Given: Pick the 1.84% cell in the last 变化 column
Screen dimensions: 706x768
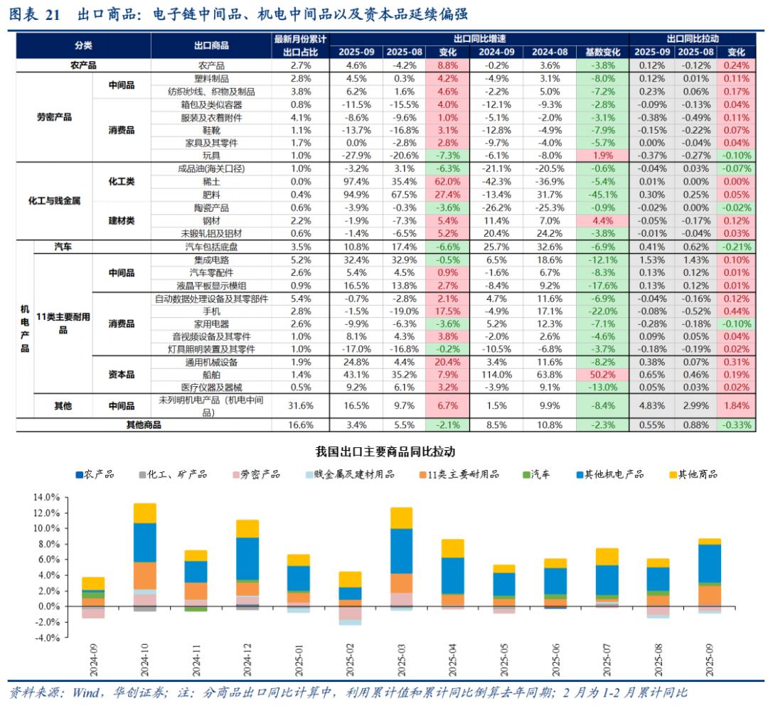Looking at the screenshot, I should [736, 405].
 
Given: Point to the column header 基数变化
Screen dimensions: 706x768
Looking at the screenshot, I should [602, 52].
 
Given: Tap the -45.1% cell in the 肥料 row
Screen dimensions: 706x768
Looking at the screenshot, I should [602, 194].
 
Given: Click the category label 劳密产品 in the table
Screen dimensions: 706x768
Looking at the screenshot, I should [54, 117].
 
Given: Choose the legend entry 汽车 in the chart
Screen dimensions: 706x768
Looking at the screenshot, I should [541, 474].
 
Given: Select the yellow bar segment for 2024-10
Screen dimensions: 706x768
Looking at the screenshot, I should [144, 513].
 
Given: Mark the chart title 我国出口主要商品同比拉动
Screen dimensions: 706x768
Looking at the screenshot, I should [385, 451].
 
